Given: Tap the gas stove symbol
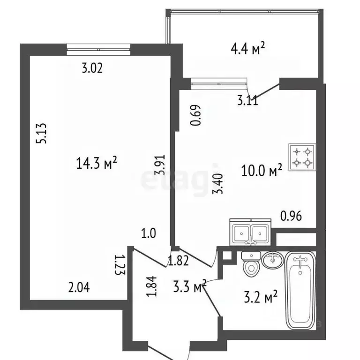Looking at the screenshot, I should pyautogui.click(x=302, y=157).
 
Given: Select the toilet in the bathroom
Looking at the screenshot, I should pyautogui.click(x=251, y=264).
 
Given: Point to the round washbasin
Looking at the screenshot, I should pyautogui.click(x=272, y=260).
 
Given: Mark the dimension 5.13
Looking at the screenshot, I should pyautogui.click(x=42, y=135).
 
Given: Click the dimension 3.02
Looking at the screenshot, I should pyautogui.click(x=92, y=68).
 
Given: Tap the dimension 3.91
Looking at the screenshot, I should pyautogui.click(x=161, y=165).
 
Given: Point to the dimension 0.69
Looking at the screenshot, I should pyautogui.click(x=197, y=115).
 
